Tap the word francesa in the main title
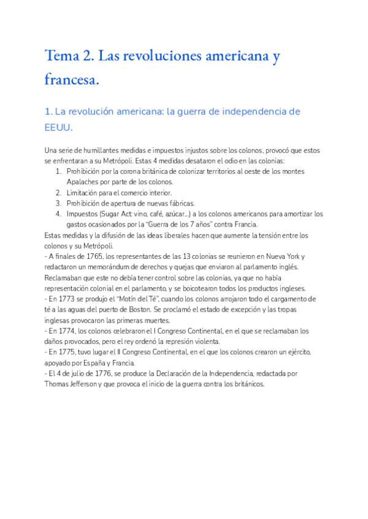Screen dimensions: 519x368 pyautogui.click(x=71, y=79)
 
